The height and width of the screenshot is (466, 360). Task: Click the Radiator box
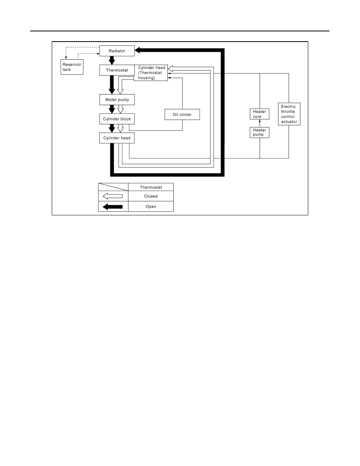pos(117,51)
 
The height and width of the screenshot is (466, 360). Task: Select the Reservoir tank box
pos(72,67)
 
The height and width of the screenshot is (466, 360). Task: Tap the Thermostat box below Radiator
pos(117,70)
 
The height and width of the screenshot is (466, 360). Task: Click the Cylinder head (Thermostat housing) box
pos(151,73)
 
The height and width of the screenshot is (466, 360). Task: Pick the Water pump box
pos(117,100)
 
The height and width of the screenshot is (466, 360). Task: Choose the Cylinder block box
pos(117,119)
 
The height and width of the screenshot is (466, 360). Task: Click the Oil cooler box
pos(182,115)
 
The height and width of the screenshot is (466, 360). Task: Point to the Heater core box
pos(260,114)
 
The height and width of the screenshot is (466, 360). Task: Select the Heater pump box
pos(260,133)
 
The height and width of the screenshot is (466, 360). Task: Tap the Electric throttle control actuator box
pos(289,114)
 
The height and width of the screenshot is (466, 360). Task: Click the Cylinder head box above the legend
pos(117,138)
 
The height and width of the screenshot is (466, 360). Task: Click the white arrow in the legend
pos(113,196)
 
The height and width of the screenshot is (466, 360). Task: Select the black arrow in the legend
pos(113,207)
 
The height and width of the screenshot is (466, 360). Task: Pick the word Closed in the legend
pos(151,196)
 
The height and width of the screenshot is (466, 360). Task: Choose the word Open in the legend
pos(151,207)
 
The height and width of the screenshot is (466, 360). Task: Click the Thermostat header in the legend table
pos(151,187)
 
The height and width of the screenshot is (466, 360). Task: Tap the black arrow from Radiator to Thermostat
pos(112,60)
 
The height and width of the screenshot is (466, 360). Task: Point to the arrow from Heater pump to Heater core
pos(260,123)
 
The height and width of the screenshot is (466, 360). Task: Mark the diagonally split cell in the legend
pos(113,187)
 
